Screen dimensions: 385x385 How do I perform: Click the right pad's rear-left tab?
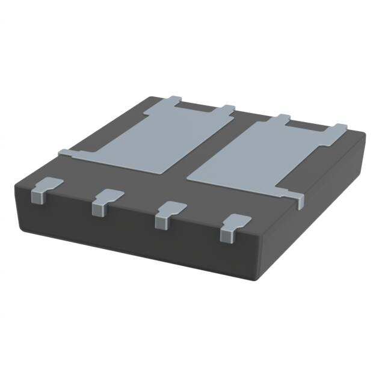click(283, 118)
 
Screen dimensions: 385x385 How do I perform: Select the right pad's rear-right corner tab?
click(339, 128)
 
